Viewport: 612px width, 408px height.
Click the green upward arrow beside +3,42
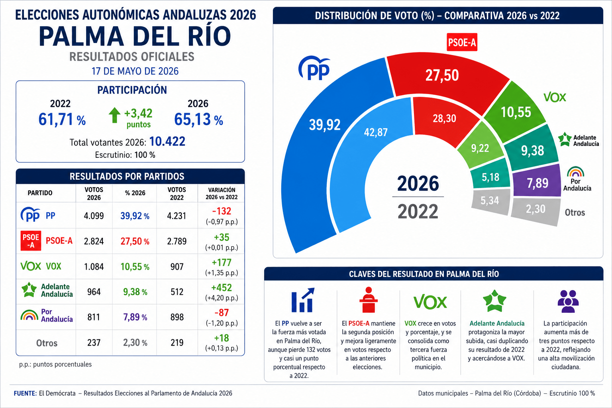[114, 115]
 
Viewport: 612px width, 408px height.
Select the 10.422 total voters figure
[167, 141]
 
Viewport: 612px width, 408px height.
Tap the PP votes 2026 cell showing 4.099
[94, 216]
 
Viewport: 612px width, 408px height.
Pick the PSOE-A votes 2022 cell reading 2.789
[177, 241]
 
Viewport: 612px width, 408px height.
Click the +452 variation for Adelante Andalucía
[222, 288]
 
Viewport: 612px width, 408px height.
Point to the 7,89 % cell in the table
[135, 317]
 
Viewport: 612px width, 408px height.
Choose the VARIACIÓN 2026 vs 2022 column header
[222, 194]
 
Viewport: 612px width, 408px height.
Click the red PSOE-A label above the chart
[462, 42]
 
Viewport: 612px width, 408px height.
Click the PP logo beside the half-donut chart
[314, 68]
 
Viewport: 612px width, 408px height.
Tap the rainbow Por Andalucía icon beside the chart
[575, 172]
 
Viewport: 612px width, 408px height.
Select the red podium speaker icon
[368, 300]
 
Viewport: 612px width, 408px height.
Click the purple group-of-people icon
[568, 301]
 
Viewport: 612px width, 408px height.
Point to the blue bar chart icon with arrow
[303, 300]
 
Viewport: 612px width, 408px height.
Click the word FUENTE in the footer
[25, 393]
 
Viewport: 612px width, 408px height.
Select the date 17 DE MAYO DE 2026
[135, 71]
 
